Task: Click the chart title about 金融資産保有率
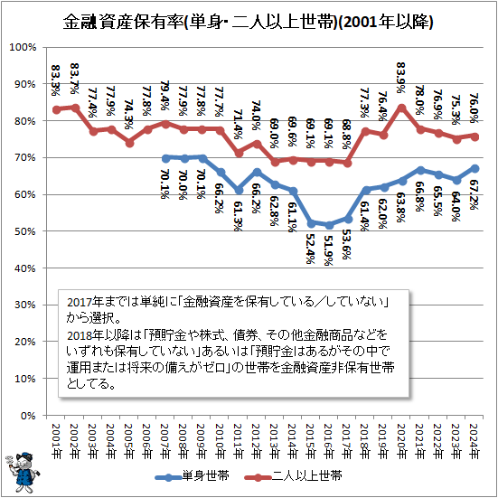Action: click(248, 20)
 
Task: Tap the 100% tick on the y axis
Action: click(23, 47)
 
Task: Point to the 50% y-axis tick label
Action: click(25, 231)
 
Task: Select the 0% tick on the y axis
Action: click(28, 416)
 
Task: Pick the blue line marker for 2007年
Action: click(164, 157)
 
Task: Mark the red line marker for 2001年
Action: click(56, 109)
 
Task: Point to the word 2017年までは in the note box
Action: click(101, 299)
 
